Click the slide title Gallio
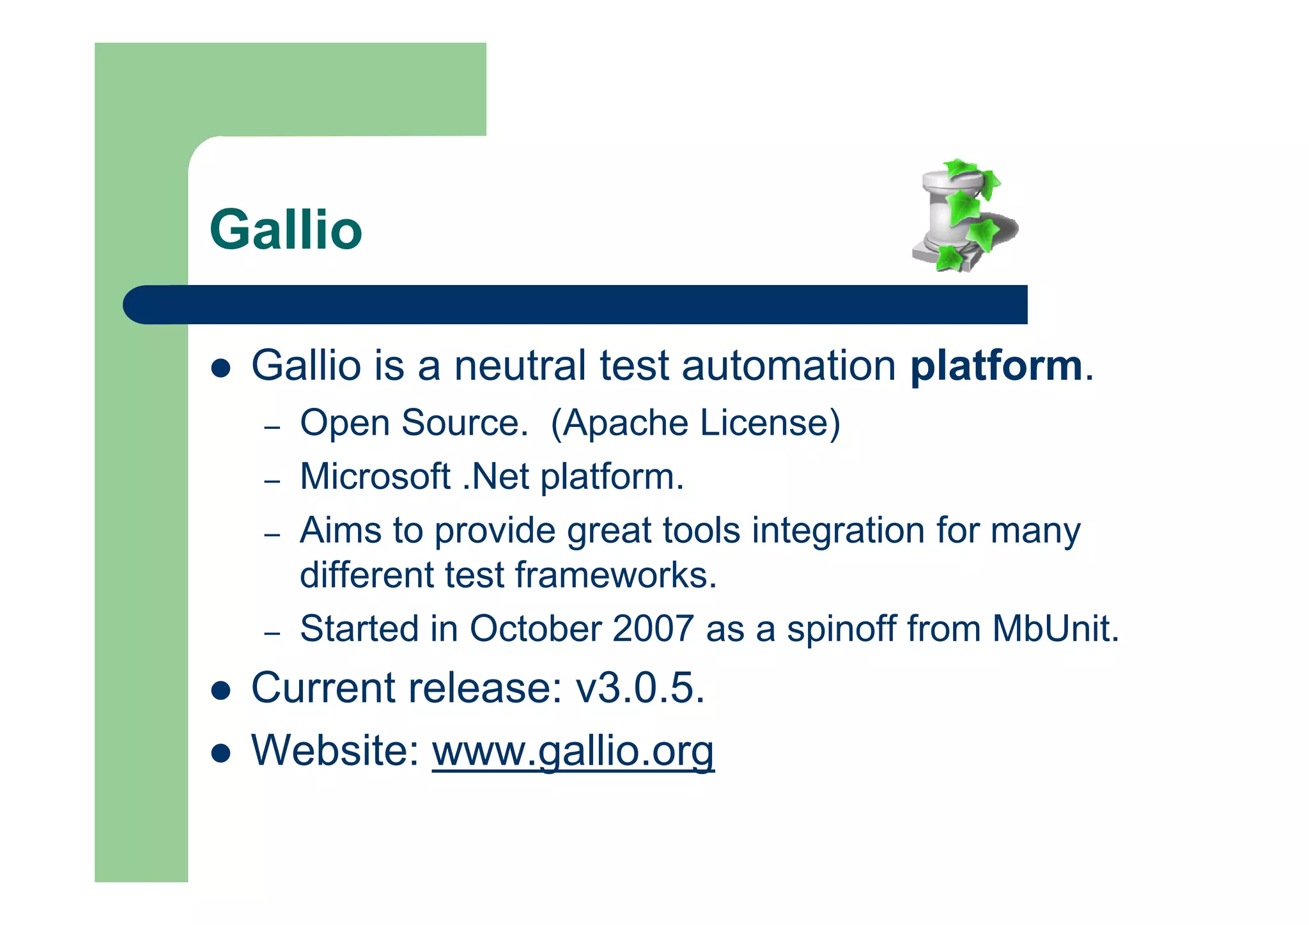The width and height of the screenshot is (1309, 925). pos(286,229)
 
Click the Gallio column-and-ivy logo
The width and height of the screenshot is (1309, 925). pos(964,216)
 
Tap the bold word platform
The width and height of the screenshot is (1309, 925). pos(996,366)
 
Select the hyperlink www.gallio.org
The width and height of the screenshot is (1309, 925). pos(573,750)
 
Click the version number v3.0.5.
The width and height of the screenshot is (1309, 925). pos(640,688)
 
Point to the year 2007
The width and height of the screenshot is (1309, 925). pos(653,629)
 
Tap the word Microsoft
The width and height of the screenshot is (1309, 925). pos(375,477)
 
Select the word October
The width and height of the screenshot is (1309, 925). pos(535,629)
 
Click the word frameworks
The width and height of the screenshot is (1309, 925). pos(616,575)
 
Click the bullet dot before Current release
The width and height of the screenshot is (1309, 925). pos(221,691)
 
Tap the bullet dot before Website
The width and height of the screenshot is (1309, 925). pos(221,753)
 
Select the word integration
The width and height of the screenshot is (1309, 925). pos(838,531)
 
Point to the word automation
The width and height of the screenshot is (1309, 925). pos(789,366)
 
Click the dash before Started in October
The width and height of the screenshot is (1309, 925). pos(272,633)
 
